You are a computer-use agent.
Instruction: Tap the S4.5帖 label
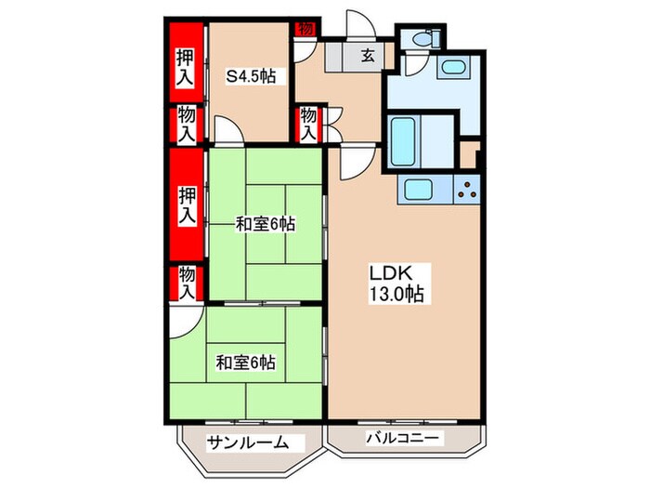pos(251,75)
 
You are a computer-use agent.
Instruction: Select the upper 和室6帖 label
pos(265,223)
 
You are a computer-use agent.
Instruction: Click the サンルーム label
pos(242,442)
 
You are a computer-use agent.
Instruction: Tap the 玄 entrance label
pos(367,57)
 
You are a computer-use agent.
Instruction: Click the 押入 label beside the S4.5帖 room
pos(186,66)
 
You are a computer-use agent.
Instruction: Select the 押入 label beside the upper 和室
pos(187,205)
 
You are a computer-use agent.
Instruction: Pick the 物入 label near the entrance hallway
pos(308,124)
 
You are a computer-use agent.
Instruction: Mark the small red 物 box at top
pos(305,29)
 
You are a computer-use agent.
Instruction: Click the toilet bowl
pos(423,39)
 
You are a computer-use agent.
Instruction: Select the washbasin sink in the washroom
pos(454,70)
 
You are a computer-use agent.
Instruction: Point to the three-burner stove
pos(466,191)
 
